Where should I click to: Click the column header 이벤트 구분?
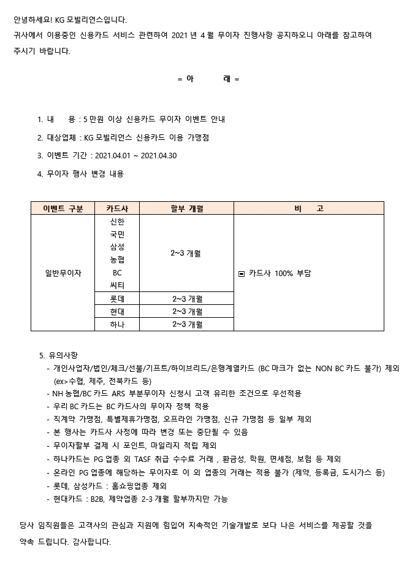[x=63, y=209]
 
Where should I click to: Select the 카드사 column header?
[x=117, y=209]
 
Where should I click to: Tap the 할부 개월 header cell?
[x=186, y=209]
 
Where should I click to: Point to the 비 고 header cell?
[x=309, y=209]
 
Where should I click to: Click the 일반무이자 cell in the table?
[x=63, y=272]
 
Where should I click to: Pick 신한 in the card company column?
[x=117, y=221]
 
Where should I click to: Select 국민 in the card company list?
[x=117, y=234]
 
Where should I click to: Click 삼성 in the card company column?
[x=117, y=247]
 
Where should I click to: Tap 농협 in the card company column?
[x=117, y=260]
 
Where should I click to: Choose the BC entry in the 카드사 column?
[x=117, y=272]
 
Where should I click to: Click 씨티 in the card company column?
[x=117, y=285]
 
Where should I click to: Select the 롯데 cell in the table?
[x=117, y=299]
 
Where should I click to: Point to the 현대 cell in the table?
[x=117, y=312]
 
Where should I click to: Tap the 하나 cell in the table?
[x=117, y=325]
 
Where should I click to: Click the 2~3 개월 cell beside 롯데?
[x=186, y=299]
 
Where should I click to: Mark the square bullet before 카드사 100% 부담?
[x=242, y=274]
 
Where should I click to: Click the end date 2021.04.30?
[x=159, y=156]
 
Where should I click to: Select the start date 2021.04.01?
[x=113, y=156]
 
